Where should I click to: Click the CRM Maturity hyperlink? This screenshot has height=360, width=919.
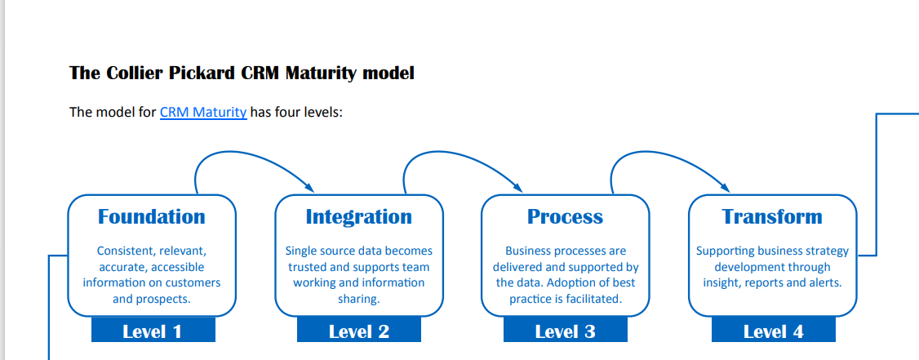203,112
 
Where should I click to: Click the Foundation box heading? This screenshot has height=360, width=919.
152,216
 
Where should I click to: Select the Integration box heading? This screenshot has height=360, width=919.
358,216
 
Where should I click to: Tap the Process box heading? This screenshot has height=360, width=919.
565,216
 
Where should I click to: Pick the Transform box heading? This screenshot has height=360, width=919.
772,216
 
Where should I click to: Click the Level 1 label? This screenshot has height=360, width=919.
152,331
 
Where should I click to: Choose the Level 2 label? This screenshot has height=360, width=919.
358,331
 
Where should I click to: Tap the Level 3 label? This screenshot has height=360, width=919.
565,331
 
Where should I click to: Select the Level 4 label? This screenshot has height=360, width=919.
773,331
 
